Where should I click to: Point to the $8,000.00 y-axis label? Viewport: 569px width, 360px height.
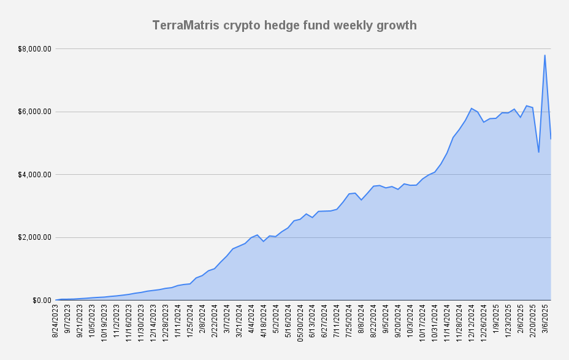click(36, 48)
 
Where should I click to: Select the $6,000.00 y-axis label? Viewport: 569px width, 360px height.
click(36, 112)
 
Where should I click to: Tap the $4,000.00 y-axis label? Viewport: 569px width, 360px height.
click(36, 175)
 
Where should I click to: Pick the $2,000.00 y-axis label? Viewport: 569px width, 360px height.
click(36, 237)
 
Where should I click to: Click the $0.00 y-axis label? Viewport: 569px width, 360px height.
click(41, 301)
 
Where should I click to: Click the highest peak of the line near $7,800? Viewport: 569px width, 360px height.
click(544, 56)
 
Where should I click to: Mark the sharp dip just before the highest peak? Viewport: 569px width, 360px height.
click(538, 151)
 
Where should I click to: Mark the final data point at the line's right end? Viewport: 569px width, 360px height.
click(551, 139)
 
